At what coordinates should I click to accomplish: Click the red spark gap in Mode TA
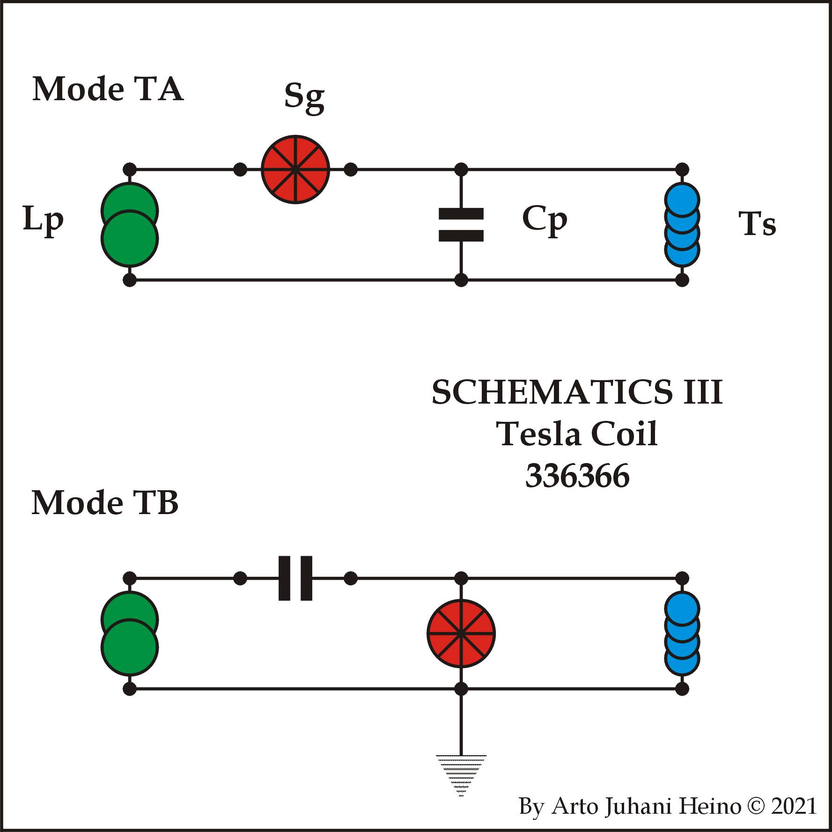[295, 169]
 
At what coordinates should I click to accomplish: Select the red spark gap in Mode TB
[461, 633]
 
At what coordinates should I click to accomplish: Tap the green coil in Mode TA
[130, 225]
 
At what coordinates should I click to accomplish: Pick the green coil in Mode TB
[130, 633]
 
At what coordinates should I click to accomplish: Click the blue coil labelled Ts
[682, 225]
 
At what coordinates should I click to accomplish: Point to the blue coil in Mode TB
[682, 633]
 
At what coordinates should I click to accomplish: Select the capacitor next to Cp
[461, 225]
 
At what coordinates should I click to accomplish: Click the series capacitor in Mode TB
[295, 579]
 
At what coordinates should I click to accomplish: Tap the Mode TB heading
[105, 503]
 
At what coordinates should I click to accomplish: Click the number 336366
[577, 476]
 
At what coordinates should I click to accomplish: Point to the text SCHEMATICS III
[577, 392]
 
